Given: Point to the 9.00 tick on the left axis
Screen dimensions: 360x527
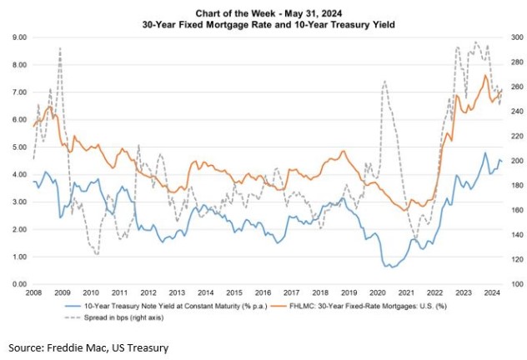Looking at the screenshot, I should [x=18, y=37].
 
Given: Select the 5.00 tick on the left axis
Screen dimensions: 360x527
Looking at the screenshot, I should [x=18, y=147].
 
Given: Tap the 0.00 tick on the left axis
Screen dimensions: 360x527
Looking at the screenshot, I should [x=18, y=284].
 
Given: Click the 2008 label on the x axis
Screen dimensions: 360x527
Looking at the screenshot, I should [x=34, y=293].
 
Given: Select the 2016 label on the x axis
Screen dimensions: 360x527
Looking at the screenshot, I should [x=263, y=293].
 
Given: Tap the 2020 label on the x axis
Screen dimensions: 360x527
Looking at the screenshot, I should [x=377, y=293].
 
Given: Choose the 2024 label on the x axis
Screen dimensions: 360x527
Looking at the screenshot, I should [x=491, y=293].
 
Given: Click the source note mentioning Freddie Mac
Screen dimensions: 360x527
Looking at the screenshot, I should [x=88, y=346].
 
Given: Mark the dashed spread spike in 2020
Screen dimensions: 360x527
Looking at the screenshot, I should [x=384, y=81].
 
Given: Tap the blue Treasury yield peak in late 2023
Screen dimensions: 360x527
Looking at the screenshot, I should [x=485, y=153].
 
